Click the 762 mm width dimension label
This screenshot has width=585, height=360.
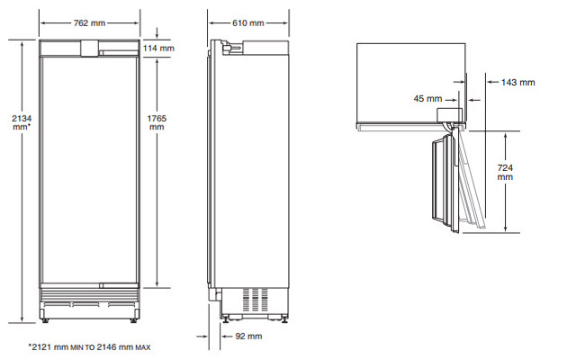pyautogui.click(x=89, y=23)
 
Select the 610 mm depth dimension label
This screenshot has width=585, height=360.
pyautogui.click(x=248, y=23)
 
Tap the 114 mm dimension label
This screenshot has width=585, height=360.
pyautogui.click(x=158, y=48)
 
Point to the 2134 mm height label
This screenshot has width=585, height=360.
pyautogui.click(x=22, y=122)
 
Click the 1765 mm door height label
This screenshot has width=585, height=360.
pyautogui.click(x=157, y=122)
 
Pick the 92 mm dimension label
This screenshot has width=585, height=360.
pyautogui.click(x=248, y=336)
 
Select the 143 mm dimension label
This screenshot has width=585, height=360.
pyautogui.click(x=517, y=83)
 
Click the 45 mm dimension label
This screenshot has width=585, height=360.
pyautogui.click(x=427, y=99)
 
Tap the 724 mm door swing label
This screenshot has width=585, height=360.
pyautogui.click(x=505, y=173)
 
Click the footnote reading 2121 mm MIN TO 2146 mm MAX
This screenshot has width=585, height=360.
pyautogui.click(x=89, y=347)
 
